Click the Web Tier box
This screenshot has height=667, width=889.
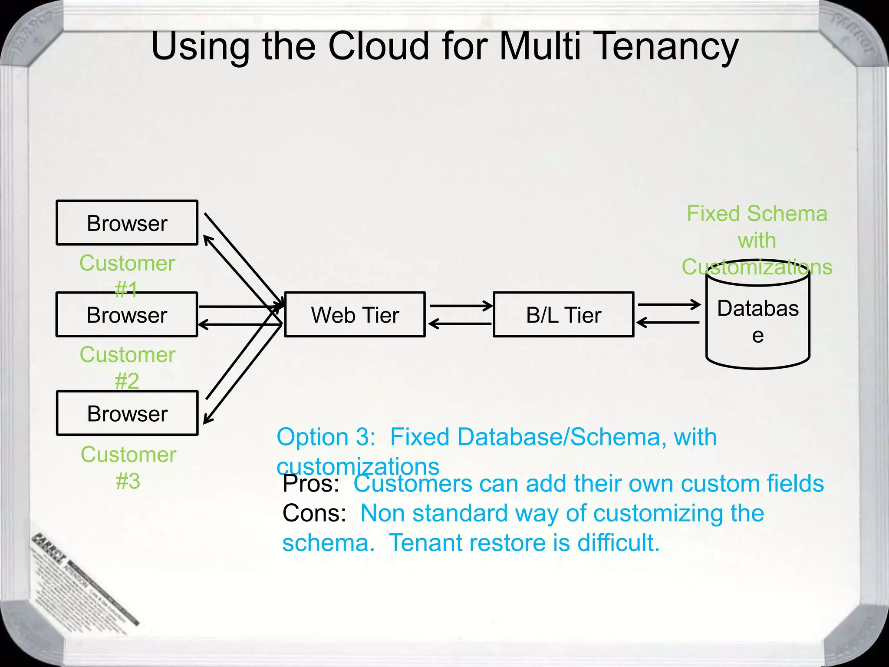(355, 314)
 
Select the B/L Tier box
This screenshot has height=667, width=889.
(563, 314)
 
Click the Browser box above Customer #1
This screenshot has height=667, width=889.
(127, 223)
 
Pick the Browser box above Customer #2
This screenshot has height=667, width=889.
(127, 314)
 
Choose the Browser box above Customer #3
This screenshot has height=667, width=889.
(127, 413)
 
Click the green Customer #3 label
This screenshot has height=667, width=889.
(128, 467)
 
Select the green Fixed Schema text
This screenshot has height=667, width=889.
(757, 214)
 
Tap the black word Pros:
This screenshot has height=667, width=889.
(310, 484)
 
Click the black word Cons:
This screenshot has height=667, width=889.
(314, 513)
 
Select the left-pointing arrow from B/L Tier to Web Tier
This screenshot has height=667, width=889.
(460, 324)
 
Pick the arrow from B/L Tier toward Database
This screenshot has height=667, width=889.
(668, 304)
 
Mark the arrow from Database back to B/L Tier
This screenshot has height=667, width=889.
(668, 323)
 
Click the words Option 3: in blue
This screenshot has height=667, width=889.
(326, 437)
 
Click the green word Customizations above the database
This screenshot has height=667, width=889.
(757, 267)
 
